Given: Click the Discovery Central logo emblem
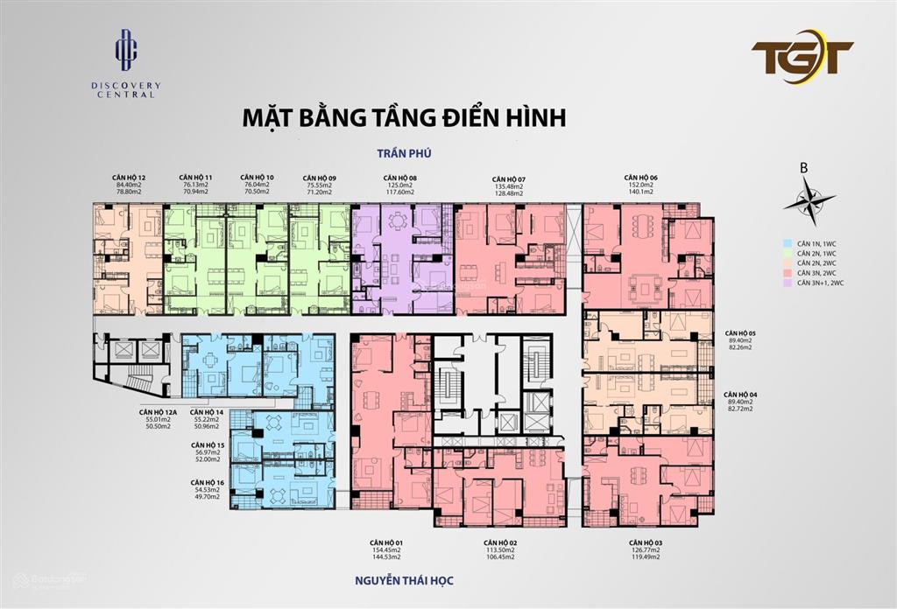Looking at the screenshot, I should pos(128,49).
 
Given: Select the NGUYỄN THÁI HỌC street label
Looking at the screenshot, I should pos(404,579).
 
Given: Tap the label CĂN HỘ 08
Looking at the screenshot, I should pos(399,177).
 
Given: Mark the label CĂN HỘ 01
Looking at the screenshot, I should pos(385,542).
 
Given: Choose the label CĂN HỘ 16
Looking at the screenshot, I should pos(207,482).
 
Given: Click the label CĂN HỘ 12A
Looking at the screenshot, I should pos(158,411).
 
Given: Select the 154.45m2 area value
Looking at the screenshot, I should pos(385,550).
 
